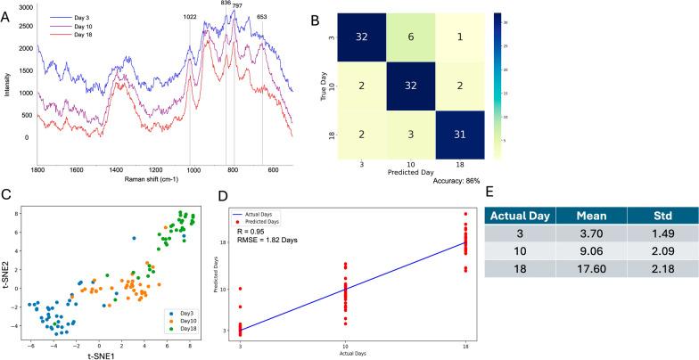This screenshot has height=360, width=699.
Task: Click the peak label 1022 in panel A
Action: point(190,17)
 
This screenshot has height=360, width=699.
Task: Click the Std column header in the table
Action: point(657,215)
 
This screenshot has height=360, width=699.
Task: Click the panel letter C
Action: point(6,195)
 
